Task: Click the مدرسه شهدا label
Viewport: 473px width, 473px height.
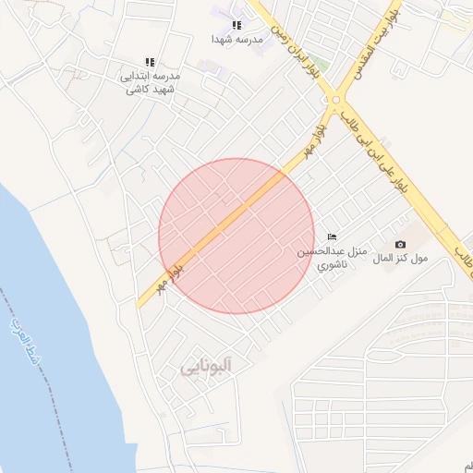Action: [237, 40]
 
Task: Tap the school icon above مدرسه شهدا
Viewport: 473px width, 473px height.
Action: [236, 25]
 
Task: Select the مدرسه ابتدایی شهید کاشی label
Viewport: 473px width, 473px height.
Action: [150, 81]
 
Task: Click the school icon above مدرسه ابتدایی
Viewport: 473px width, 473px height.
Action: [150, 62]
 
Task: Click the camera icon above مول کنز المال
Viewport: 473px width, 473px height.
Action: [400, 244]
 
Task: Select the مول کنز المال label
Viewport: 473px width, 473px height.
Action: [400, 259]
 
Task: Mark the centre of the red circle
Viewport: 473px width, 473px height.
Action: [236, 236]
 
